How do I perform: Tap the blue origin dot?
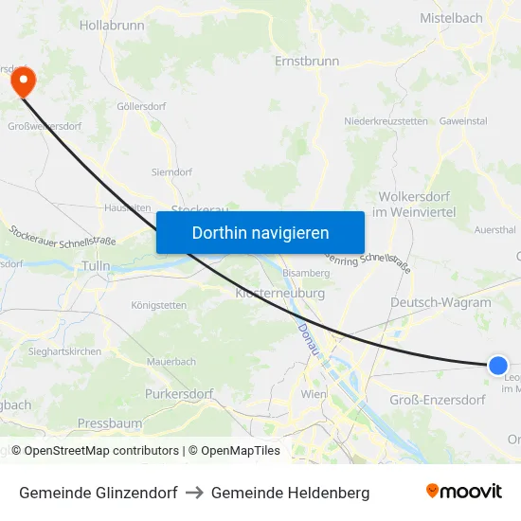tap(497, 365)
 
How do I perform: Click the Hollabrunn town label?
tap(112, 26)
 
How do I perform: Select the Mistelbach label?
tap(451, 17)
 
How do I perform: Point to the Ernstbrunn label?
tap(306, 61)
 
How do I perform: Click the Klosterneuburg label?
tap(279, 294)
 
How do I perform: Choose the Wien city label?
tap(314, 393)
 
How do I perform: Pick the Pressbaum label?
tap(110, 423)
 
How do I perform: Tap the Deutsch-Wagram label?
tap(440, 303)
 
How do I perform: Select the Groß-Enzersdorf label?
tap(438, 400)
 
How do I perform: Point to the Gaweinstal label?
tap(463, 121)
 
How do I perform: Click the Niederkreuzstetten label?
tap(386, 121)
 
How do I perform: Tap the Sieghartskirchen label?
tap(64, 350)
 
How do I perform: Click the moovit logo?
tap(464, 491)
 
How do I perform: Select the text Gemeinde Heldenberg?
tap(290, 493)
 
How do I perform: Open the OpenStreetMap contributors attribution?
tap(101, 451)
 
